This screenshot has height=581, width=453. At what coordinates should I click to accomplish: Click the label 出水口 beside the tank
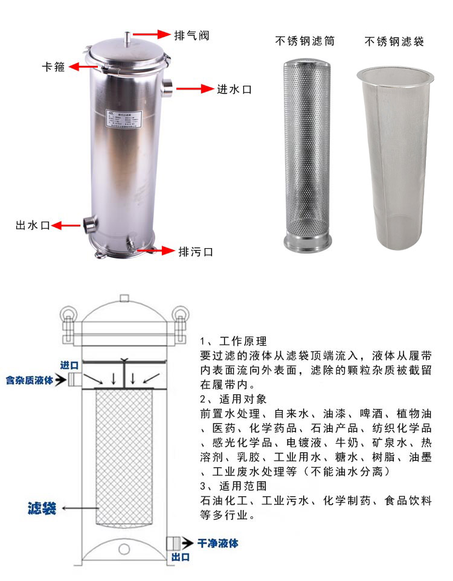(x=32, y=225)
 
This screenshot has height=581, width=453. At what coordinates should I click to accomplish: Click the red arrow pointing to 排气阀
(x=151, y=34)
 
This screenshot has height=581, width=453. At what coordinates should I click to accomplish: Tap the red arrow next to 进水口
(x=194, y=89)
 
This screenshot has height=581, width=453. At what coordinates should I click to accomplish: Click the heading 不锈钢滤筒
(x=305, y=41)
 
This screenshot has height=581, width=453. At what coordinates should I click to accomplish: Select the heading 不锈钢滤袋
(x=394, y=41)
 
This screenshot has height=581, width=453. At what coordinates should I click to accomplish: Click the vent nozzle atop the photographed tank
(x=127, y=38)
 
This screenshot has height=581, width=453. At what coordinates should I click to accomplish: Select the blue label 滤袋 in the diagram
(x=42, y=508)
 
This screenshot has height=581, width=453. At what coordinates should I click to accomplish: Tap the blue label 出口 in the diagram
(x=181, y=557)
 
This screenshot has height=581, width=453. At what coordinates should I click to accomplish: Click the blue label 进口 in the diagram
(x=69, y=365)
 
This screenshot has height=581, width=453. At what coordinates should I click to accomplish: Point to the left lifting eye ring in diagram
(x=65, y=315)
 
